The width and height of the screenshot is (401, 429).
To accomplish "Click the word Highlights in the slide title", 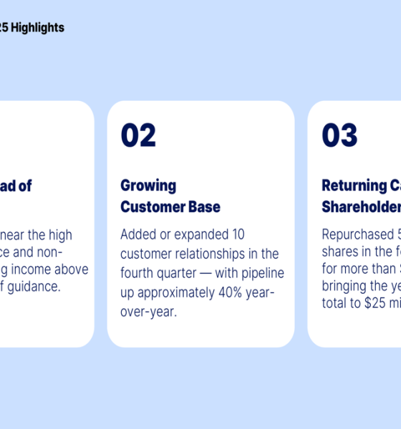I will [x=37, y=28].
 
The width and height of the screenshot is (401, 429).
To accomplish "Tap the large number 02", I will [x=138, y=136].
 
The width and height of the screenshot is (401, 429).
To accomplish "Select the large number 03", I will [x=339, y=136].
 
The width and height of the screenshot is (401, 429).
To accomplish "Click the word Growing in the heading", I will [x=148, y=186].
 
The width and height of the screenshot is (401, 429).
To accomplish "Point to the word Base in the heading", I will [x=203, y=207].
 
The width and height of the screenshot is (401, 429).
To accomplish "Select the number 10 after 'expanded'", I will [x=238, y=235].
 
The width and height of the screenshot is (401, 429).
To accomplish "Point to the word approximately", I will [x=175, y=292].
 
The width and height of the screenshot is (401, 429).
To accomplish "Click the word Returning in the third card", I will [x=354, y=186].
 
